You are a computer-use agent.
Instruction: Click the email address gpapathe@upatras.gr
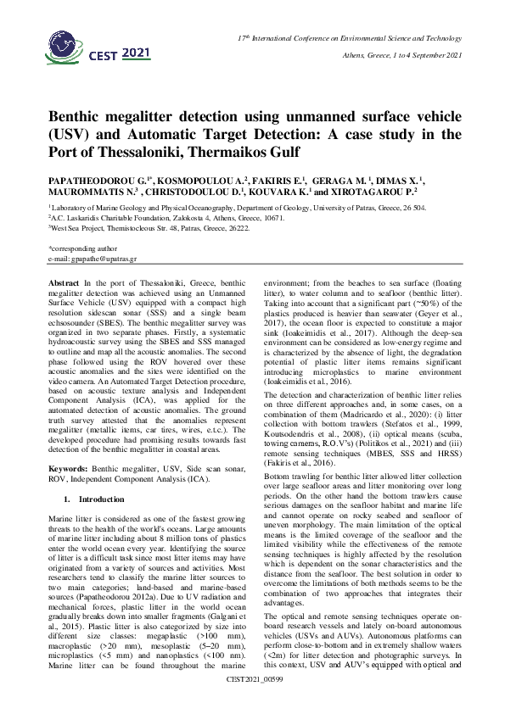click(88, 259)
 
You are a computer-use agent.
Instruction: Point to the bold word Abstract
click(65, 281)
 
